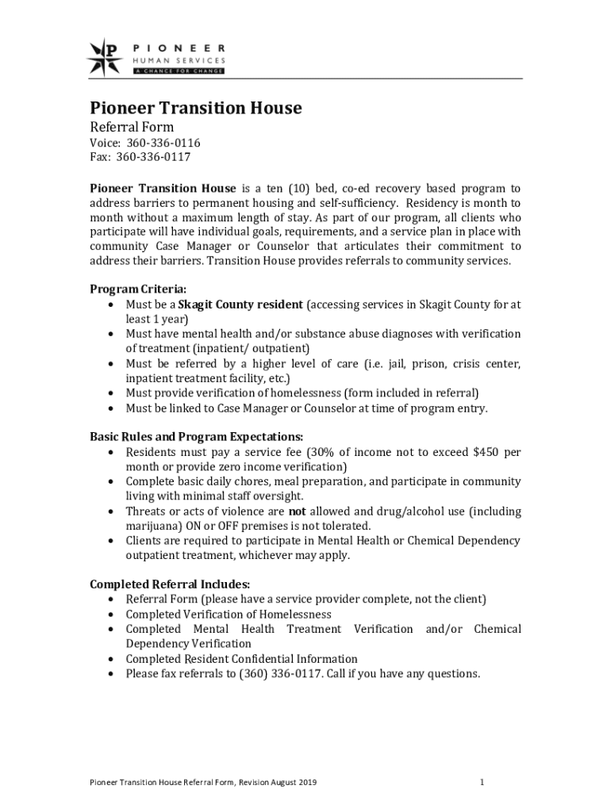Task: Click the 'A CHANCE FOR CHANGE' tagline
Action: pos(177,71)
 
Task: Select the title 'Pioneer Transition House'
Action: pos(194,108)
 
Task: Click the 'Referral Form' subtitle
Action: pos(130,127)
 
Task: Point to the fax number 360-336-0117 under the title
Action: pos(153,157)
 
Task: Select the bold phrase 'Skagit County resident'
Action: pos(240,304)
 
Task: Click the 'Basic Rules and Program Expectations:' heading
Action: pos(196,437)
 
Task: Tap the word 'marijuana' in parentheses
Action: pos(152,526)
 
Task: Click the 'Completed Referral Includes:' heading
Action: pos(170,584)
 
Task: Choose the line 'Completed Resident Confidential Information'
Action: pos(241,659)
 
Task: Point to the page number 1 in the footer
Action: pos(482,783)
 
